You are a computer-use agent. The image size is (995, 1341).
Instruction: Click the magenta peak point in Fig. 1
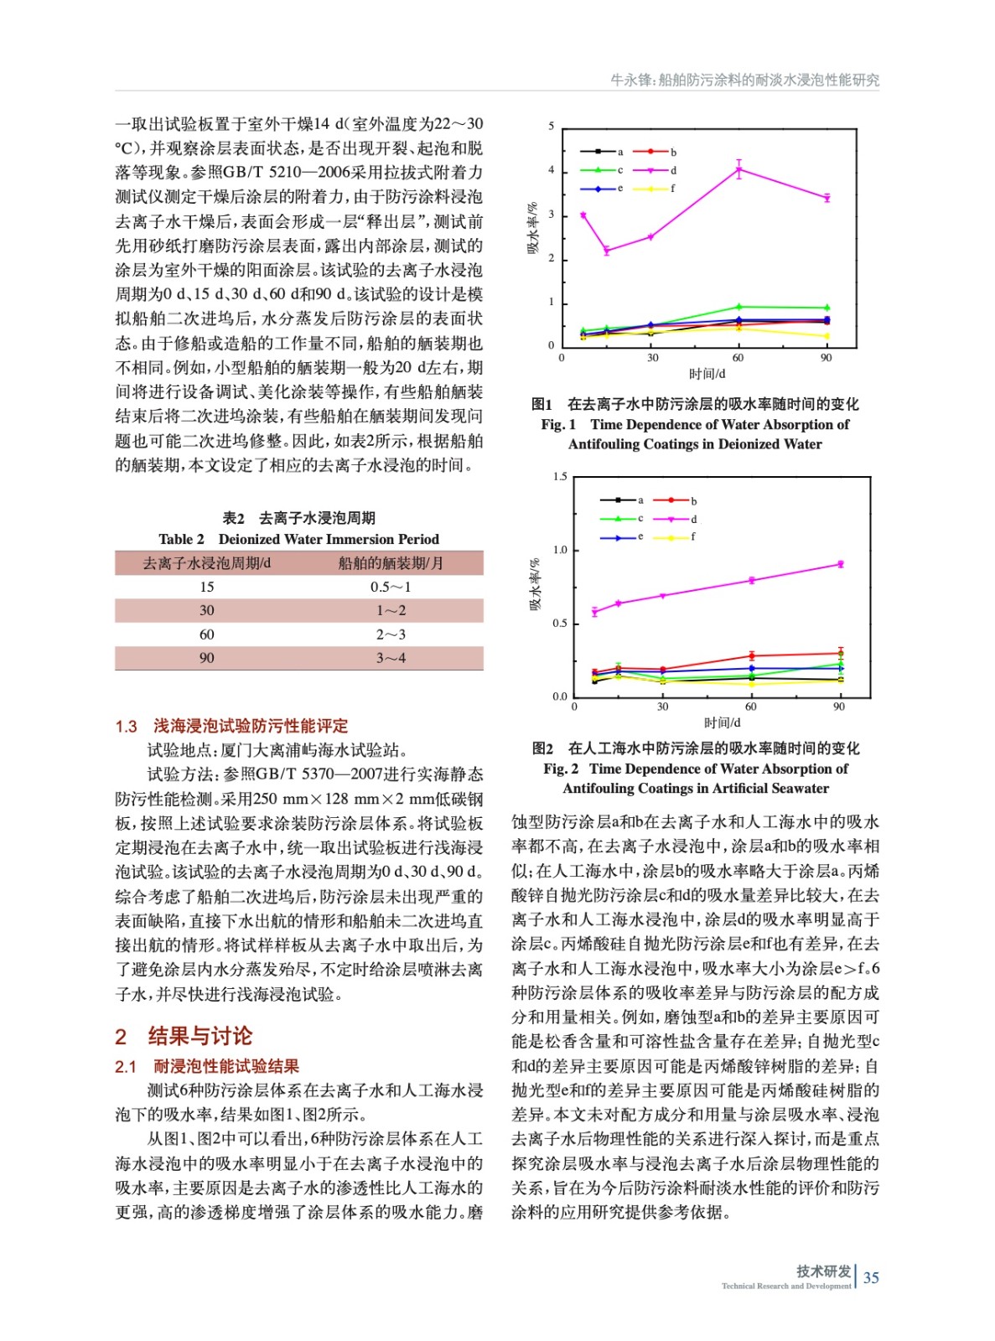tap(738, 170)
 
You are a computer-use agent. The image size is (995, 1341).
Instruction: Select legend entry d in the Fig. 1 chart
tap(662, 170)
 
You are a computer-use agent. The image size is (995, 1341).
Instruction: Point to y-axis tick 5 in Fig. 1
tap(552, 127)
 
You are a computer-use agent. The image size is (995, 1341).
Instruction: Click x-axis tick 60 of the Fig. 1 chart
tap(738, 358)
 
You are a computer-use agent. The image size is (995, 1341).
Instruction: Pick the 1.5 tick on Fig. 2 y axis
tap(560, 477)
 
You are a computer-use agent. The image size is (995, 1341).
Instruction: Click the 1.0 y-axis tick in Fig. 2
tap(560, 550)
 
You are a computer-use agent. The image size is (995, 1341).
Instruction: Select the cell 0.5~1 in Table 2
tap(391, 587)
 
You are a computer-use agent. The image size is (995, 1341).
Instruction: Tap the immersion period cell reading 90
tap(206, 658)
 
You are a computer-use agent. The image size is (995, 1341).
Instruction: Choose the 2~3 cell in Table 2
tap(391, 634)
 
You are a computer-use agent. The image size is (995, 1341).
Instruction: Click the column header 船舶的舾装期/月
tap(391, 563)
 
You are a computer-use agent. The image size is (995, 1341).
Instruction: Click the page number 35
tap(871, 1277)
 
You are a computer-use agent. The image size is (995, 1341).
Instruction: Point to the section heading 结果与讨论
tap(200, 1036)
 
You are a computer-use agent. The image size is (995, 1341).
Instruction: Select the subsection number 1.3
tap(126, 726)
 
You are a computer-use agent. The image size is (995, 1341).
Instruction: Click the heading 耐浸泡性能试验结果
tap(226, 1066)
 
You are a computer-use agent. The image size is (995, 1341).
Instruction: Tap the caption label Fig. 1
tap(558, 425)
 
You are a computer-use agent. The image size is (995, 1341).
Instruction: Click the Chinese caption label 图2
tap(542, 748)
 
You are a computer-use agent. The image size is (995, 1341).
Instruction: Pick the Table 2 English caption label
tap(181, 539)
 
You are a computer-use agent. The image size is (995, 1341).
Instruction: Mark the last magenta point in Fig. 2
tap(840, 564)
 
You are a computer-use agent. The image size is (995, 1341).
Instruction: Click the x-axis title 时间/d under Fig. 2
tap(722, 722)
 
